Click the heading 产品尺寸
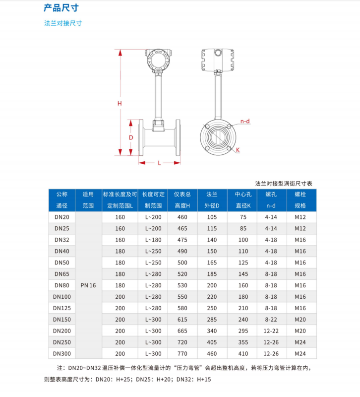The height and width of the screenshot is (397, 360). (61, 8)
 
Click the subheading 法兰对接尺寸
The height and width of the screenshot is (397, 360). (63, 23)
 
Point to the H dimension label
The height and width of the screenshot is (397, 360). (119, 103)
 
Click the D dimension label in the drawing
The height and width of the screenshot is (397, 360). (131, 137)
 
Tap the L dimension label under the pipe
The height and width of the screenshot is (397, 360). (159, 163)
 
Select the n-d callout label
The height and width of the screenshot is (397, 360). (245, 121)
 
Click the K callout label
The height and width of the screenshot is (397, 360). (238, 149)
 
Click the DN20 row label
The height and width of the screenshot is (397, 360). (61, 217)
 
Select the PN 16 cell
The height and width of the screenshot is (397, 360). (88, 285)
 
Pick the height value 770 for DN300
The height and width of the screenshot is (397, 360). (182, 354)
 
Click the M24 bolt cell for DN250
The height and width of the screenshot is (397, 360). (300, 342)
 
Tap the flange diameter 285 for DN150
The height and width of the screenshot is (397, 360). (212, 320)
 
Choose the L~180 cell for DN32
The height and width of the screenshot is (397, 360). (153, 240)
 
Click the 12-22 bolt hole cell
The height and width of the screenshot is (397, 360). (271, 331)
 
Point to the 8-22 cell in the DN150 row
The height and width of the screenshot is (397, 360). (271, 320)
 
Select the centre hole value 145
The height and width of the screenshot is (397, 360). (242, 274)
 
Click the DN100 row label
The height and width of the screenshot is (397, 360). (62, 297)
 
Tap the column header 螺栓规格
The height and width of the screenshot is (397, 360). (300, 200)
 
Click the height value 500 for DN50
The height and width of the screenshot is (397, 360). (182, 263)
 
